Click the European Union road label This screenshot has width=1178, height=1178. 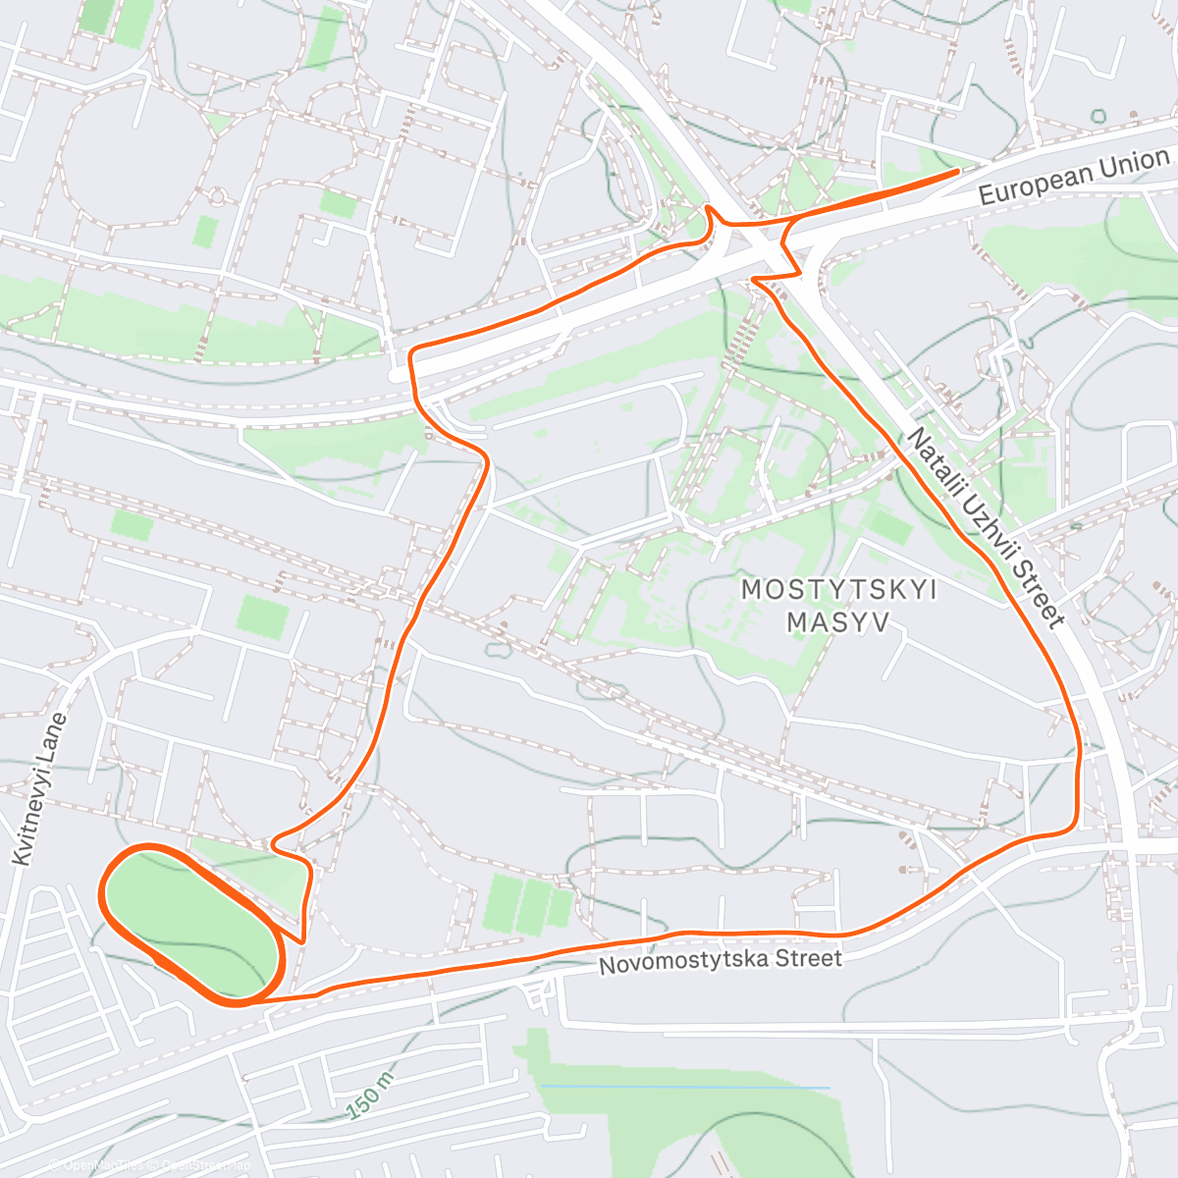click(1075, 177)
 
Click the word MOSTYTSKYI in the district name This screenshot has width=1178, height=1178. click(838, 590)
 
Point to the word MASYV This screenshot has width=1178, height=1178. click(838, 621)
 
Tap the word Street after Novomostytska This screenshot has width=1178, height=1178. click(806, 957)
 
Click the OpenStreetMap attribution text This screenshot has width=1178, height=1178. click(196, 1165)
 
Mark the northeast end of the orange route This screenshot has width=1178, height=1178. click(957, 172)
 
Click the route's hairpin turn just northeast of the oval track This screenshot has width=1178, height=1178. click(274, 840)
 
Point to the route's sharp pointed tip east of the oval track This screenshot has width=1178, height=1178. click(301, 941)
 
